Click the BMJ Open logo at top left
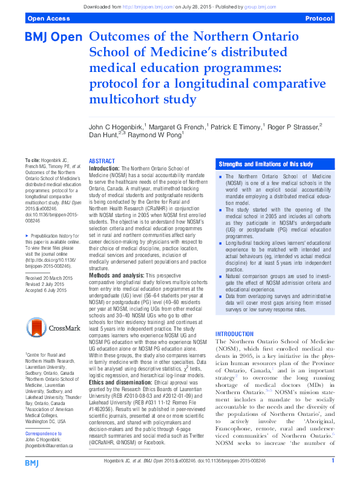click(x=53, y=37)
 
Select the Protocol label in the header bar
click(x=319, y=19)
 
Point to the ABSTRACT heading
click(x=102, y=161)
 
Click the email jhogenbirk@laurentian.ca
click(x=49, y=462)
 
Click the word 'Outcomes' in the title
click(x=117, y=37)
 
